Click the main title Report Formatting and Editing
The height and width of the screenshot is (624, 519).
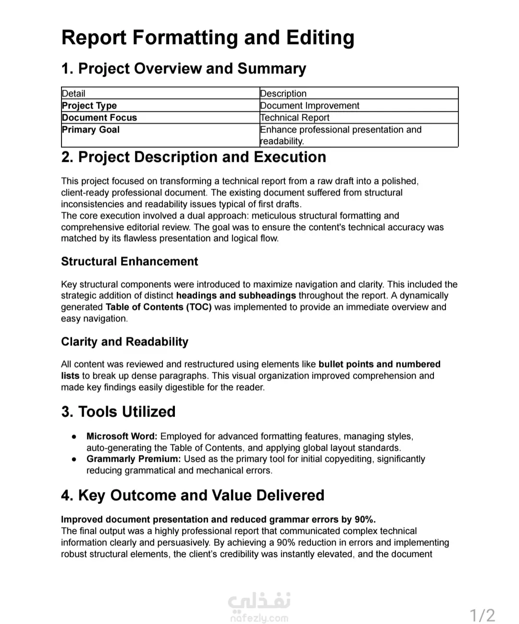point(208,38)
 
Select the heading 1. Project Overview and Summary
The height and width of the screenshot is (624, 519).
point(184,69)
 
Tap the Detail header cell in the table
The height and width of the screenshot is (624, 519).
point(74,94)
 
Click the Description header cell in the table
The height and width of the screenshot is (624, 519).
point(283,94)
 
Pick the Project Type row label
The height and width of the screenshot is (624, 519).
point(89,106)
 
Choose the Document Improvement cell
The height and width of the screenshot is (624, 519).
point(309,106)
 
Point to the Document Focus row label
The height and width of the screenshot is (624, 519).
point(99,118)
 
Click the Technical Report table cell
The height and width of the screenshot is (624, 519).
point(295,118)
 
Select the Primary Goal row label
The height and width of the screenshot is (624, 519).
point(91,130)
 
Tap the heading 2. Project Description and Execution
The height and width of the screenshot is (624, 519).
point(194,157)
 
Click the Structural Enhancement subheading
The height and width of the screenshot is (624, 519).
point(129,261)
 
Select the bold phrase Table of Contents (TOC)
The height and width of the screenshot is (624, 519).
point(159,307)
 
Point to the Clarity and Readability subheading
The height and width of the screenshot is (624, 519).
point(124,342)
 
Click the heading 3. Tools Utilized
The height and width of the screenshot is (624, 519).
point(118,412)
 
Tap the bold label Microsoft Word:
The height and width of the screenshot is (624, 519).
point(122,436)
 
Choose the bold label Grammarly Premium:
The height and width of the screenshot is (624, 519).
point(134,459)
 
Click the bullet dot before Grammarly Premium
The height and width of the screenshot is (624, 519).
point(74,459)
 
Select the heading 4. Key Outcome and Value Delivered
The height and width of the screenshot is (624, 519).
point(193,495)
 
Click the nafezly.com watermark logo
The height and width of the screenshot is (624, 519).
point(259,608)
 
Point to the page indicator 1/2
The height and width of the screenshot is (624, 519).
point(482,615)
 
